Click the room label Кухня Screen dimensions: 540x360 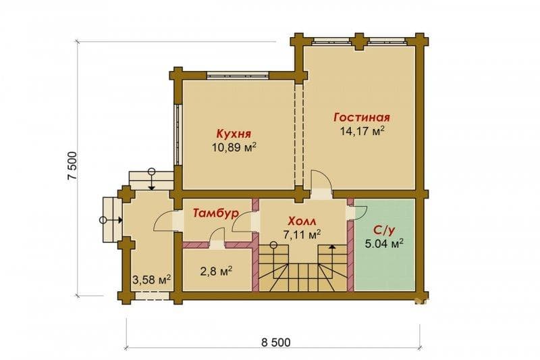233,134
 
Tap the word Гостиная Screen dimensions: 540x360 362,118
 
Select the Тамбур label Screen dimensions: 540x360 215,213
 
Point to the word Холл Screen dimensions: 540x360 302,221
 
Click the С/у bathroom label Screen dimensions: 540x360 384,230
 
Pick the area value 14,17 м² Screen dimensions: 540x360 362,131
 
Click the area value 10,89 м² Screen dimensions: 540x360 234,148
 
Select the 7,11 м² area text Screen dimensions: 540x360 302,234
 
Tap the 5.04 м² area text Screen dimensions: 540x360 384,244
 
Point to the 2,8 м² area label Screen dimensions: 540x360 216,271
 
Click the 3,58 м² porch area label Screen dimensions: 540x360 152,280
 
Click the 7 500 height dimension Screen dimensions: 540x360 73,165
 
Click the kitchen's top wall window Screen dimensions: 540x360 238,75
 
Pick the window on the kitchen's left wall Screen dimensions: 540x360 178,134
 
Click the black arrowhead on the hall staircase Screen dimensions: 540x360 331,247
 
